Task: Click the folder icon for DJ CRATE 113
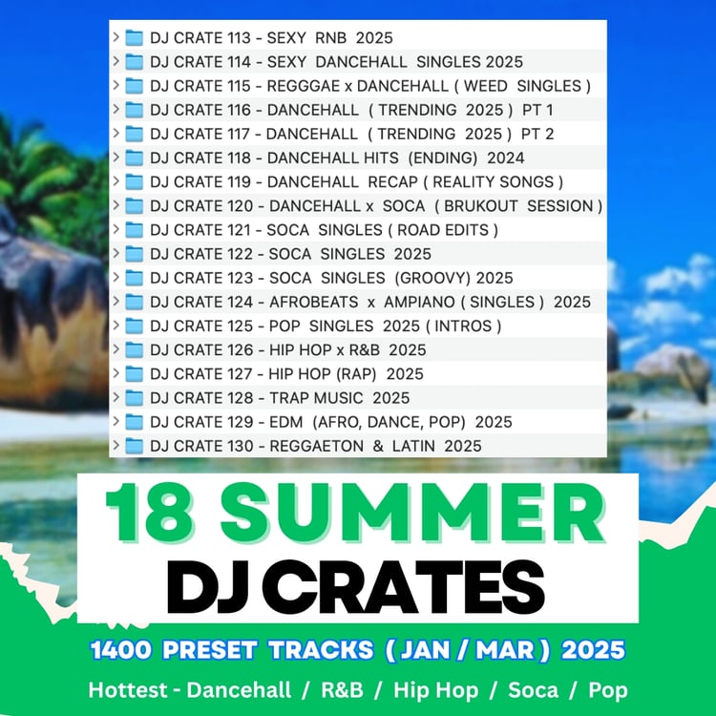(x=135, y=38)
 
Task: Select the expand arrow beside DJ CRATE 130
(x=116, y=445)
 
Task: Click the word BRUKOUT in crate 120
(x=481, y=206)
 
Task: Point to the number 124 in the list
(x=240, y=302)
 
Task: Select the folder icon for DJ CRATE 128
(x=135, y=398)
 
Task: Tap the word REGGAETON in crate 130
(x=316, y=446)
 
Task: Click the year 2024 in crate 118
(x=505, y=158)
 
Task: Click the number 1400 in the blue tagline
(x=120, y=650)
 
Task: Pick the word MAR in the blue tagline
(x=505, y=650)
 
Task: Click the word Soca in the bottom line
(x=533, y=690)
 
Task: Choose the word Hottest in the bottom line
(x=127, y=690)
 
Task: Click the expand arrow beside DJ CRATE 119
(x=116, y=180)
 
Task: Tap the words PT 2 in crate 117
(x=537, y=134)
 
